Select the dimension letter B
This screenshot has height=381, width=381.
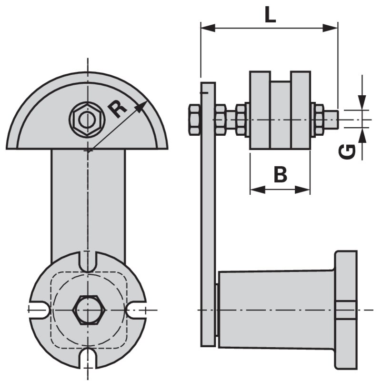click(281, 174)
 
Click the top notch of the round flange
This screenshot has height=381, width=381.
click(87, 261)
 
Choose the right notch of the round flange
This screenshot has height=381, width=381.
click(137, 310)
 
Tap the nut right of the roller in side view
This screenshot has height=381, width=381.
click(317, 119)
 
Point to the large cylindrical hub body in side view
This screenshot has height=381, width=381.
click(276, 309)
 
